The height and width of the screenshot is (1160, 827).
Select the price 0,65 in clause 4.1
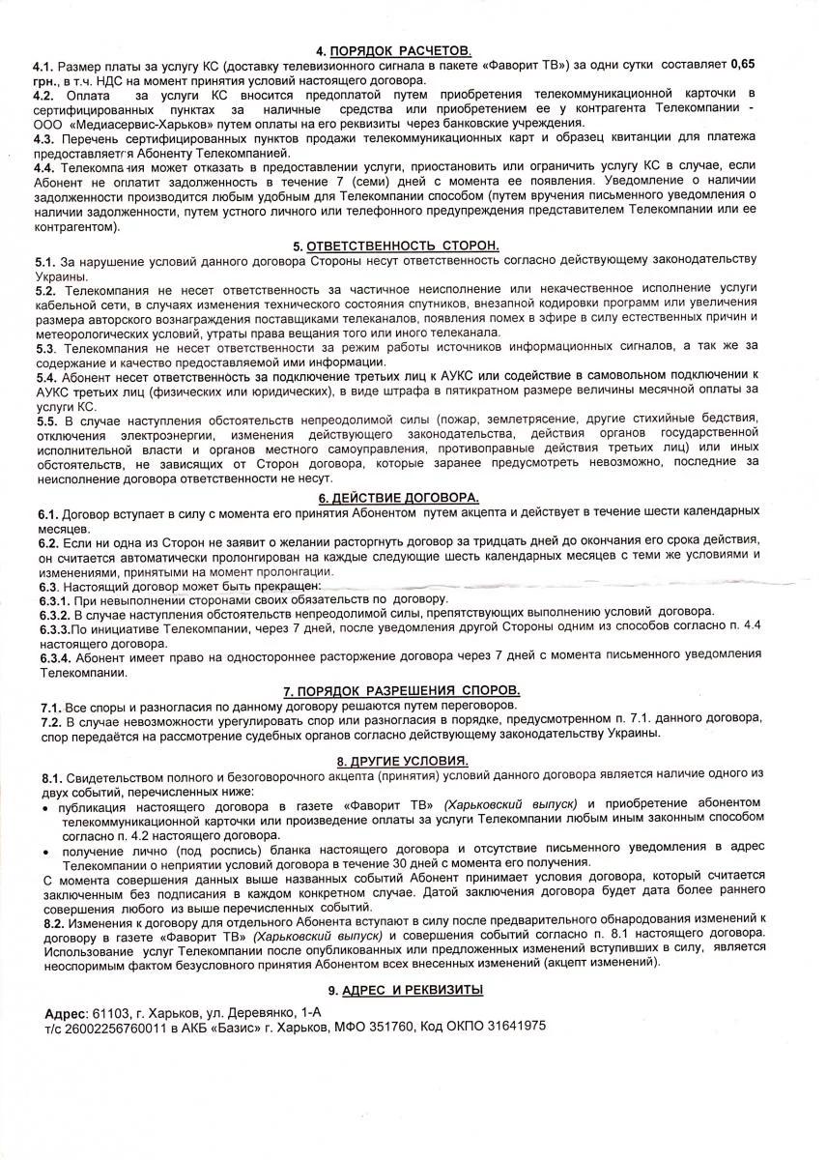[x=742, y=65]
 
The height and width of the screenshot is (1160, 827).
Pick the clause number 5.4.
[x=45, y=375]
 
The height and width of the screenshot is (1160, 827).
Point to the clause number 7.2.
[x=51, y=720]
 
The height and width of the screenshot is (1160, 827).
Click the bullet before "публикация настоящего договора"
[x=48, y=805]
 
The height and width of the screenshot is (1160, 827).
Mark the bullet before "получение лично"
[x=48, y=848]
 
